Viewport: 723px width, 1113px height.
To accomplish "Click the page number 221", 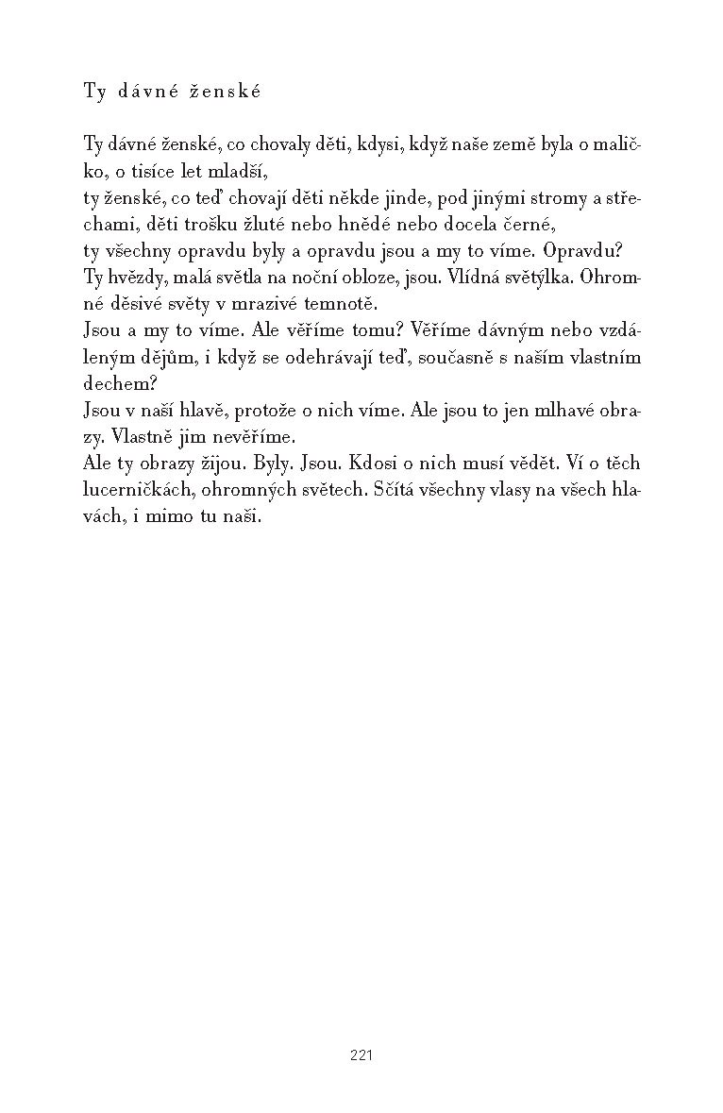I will [x=361, y=1055].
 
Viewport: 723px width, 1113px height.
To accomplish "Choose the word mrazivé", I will [x=266, y=305].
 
